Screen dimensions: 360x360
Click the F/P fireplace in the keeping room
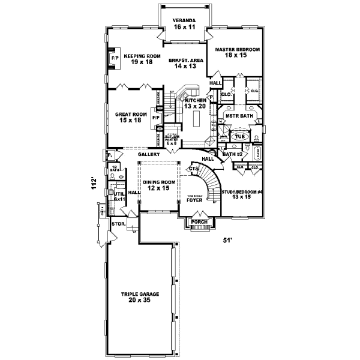(114, 58)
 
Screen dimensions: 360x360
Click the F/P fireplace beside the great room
(155, 118)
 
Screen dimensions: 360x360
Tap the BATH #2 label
(232, 154)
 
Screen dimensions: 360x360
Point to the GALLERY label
(148, 154)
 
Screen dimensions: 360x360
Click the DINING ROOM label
(160, 185)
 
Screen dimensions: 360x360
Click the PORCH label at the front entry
(199, 223)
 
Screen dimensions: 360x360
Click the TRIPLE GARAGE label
(140, 297)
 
